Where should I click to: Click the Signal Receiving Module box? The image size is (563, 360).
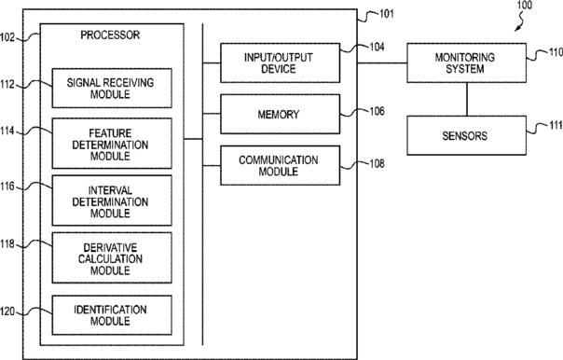coord(112,88)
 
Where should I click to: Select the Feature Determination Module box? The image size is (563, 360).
coord(112,144)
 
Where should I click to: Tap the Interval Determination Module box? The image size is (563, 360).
coord(112,201)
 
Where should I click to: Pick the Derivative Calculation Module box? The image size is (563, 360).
coord(112,257)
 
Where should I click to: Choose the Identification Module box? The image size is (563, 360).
coord(112,315)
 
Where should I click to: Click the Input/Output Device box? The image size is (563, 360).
coord(280,62)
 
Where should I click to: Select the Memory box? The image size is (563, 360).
coord(280,114)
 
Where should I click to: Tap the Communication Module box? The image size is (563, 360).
coord(280,165)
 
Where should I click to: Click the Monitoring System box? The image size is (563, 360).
coord(466,62)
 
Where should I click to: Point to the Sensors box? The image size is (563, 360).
coord(466,135)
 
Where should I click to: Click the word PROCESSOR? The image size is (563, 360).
coord(110,35)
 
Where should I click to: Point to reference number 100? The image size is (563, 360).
coord(525,5)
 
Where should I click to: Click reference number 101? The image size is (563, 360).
coord(387,14)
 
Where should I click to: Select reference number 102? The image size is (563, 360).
coord(7,37)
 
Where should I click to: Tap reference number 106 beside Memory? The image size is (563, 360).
coord(377,111)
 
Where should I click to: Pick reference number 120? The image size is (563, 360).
coord(7,312)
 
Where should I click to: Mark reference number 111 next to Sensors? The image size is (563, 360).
coord(556,125)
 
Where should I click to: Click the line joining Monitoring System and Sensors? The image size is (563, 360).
coord(467,99)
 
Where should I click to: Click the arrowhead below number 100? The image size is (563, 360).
coord(517,29)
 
